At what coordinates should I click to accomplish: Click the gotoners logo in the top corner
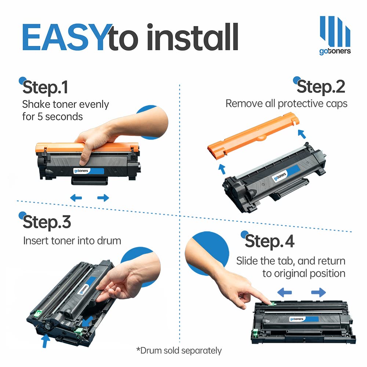tap(335, 35)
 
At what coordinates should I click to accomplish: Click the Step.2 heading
tap(321, 87)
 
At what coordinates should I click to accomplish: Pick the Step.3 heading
tap(47, 222)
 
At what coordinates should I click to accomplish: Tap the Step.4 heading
tap(269, 241)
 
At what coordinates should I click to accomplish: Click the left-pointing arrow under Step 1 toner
tap(76, 198)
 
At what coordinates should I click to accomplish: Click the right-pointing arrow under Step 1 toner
tap(103, 198)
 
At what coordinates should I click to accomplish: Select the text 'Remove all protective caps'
tap(286, 103)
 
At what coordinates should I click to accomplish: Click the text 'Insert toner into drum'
tap(72, 241)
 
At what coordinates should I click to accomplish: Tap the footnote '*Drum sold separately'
tap(179, 350)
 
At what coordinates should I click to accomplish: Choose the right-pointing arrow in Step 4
tap(318, 292)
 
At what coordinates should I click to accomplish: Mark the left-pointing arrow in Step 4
tap(284, 292)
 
